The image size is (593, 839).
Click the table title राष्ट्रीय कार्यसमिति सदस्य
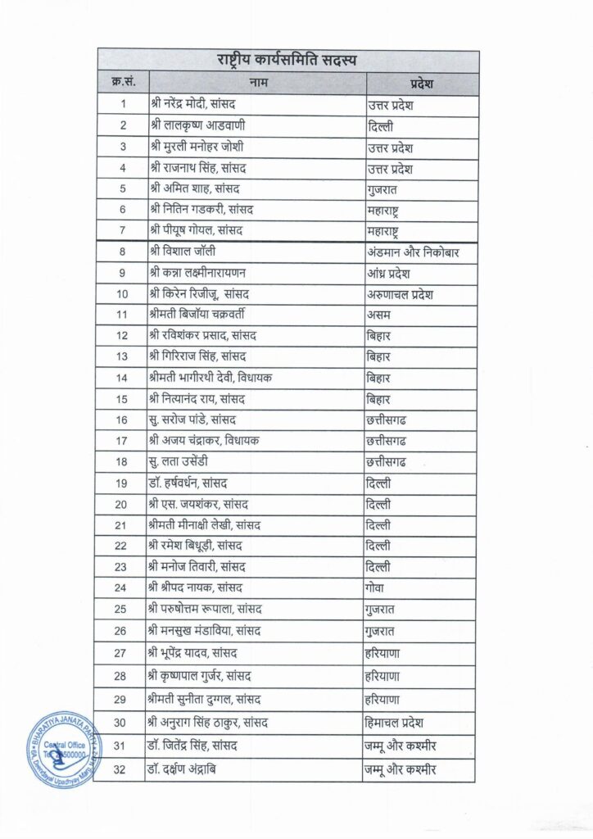[287, 61]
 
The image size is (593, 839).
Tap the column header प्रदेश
[421, 84]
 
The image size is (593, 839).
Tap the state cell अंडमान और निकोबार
[411, 252]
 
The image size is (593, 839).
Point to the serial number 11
[122, 315]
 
